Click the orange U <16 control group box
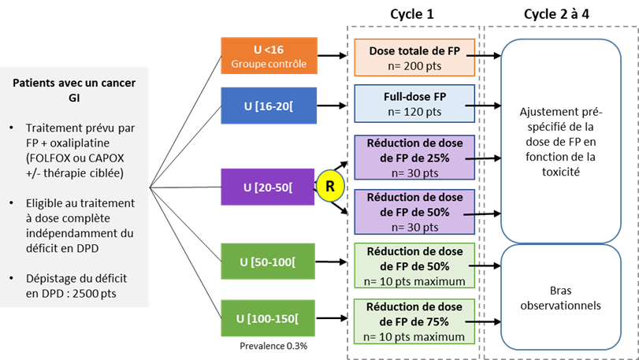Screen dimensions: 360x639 click(x=269, y=57)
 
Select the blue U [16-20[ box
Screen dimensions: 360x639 click(x=269, y=105)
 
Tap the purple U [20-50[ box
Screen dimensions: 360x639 click(x=269, y=187)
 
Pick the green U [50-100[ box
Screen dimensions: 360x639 click(x=269, y=262)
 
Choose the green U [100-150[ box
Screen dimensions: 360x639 click(x=269, y=319)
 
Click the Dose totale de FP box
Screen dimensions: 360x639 click(x=414, y=57)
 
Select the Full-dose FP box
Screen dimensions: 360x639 click(x=414, y=104)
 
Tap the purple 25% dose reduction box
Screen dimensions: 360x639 click(x=414, y=158)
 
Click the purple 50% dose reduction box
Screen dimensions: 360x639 click(x=414, y=211)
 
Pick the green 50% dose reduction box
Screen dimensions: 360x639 click(x=414, y=265)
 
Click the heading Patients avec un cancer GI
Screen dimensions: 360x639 click(x=75, y=91)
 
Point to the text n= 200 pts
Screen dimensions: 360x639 click(x=414, y=65)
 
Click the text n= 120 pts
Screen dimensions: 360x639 click(x=414, y=112)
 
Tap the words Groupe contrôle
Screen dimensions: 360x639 click(x=269, y=64)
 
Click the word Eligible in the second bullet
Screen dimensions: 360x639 click(x=47, y=204)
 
